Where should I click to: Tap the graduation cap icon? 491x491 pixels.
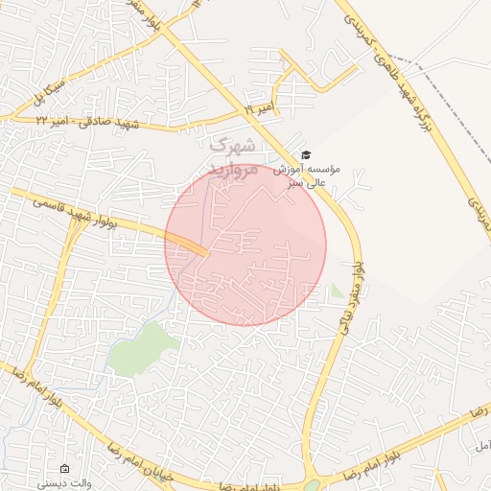point(306,155)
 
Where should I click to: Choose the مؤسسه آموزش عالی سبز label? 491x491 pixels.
point(307,174)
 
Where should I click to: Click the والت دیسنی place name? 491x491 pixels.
point(65,484)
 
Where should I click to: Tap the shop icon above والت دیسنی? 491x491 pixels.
point(64,469)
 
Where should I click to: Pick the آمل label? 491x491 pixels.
point(480,447)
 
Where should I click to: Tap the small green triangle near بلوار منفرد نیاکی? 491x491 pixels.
point(336,292)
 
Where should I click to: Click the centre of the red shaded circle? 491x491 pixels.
point(245,245)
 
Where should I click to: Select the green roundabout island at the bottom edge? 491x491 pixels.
point(314,485)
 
